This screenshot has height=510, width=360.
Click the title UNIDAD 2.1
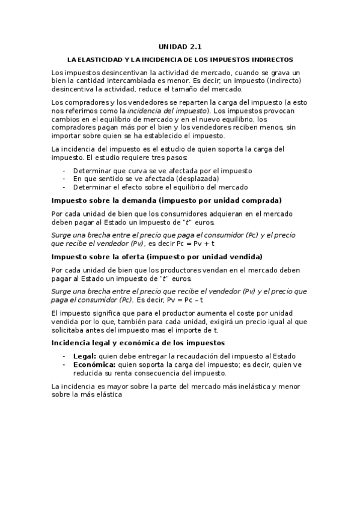pos(180,46)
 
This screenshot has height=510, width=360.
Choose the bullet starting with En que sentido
pos(145,179)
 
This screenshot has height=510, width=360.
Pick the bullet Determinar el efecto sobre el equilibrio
pos(160,187)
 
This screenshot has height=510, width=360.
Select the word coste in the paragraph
pos(249,314)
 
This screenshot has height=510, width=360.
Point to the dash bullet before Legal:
pos(64,356)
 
